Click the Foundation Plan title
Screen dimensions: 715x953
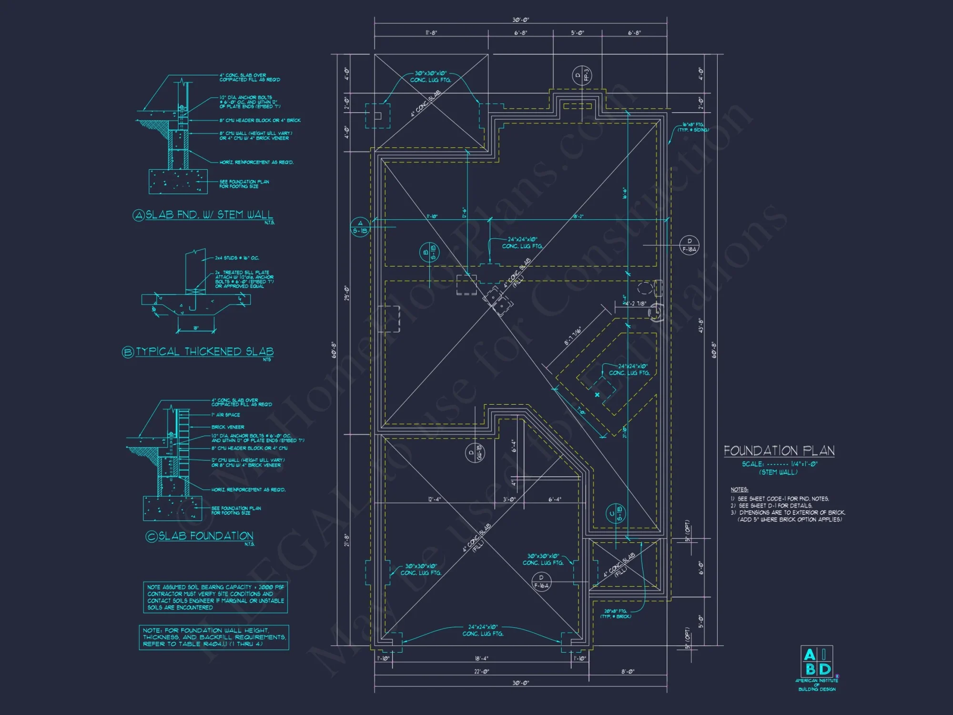click(x=779, y=451)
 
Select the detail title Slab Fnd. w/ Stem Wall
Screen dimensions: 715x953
click(x=209, y=215)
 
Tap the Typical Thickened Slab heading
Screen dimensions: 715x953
click(x=205, y=352)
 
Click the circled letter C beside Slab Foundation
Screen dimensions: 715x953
click(x=152, y=536)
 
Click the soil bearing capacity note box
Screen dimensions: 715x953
click(x=215, y=597)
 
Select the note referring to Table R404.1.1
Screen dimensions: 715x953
click(x=214, y=637)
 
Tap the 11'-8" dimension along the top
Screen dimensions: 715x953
click(x=431, y=33)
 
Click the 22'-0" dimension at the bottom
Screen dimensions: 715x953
click(x=481, y=672)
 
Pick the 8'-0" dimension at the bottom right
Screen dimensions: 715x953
click(x=628, y=672)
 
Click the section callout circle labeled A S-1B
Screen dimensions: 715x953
click(x=360, y=226)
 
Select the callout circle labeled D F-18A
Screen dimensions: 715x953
click(x=689, y=245)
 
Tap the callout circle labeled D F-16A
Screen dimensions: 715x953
click(x=541, y=582)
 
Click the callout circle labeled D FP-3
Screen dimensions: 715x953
click(x=582, y=76)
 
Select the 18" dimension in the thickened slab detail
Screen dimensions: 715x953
click(x=196, y=328)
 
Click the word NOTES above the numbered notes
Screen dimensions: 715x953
click(x=739, y=490)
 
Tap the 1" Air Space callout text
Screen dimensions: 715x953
click(x=226, y=415)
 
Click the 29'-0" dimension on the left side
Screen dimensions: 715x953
click(x=347, y=293)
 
